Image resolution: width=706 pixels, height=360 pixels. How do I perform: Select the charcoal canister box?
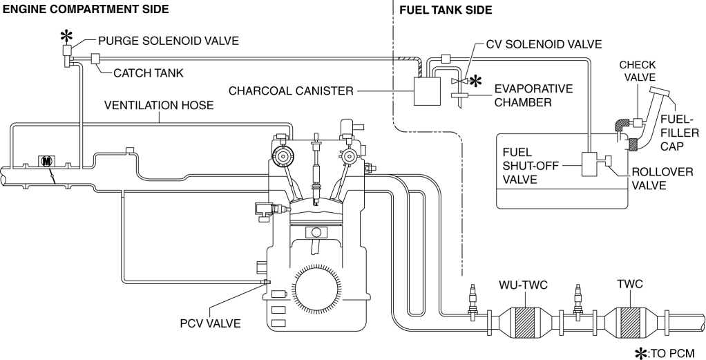tap(426, 91)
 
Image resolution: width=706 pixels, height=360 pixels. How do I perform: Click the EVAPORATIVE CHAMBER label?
tap(533, 95)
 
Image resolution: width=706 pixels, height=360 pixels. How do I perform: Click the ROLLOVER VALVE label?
tap(662, 178)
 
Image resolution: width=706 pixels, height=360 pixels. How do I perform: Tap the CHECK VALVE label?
tap(638, 72)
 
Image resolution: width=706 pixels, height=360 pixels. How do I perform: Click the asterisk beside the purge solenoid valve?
tap(66, 36)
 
